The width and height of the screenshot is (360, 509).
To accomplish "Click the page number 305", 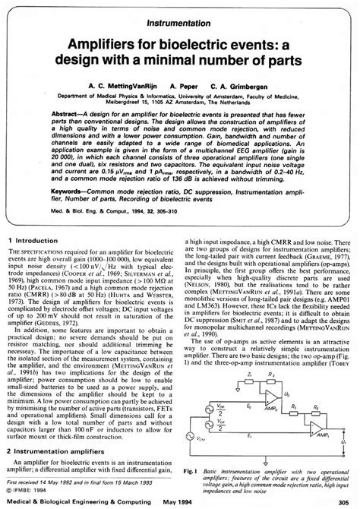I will (x=343, y=501).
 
